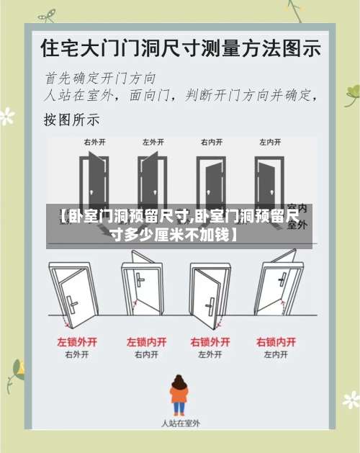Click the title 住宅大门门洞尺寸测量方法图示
181,48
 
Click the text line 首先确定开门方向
100,77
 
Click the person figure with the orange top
179,395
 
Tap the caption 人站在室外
179,423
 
